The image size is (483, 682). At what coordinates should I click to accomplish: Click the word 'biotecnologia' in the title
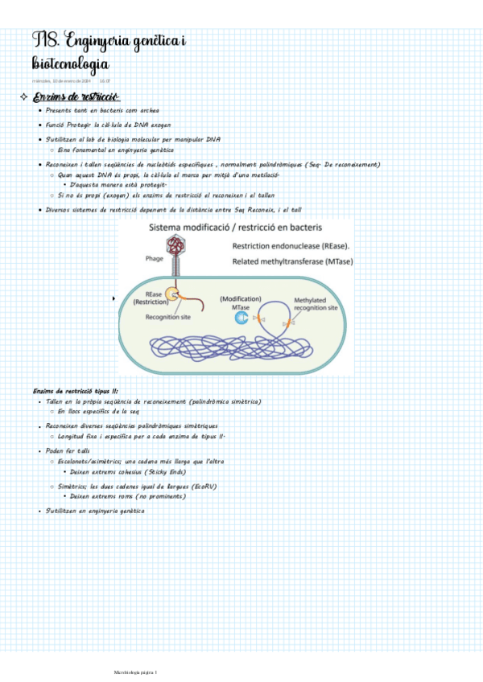click(71, 63)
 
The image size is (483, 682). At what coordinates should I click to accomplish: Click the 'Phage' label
click(155, 259)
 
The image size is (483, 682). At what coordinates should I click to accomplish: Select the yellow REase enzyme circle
click(172, 295)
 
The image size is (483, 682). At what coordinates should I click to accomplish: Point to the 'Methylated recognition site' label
click(315, 304)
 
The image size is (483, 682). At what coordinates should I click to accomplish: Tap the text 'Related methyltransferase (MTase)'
click(292, 261)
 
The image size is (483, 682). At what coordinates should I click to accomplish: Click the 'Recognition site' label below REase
click(168, 317)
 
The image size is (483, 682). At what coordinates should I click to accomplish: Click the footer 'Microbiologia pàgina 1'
click(135, 672)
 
